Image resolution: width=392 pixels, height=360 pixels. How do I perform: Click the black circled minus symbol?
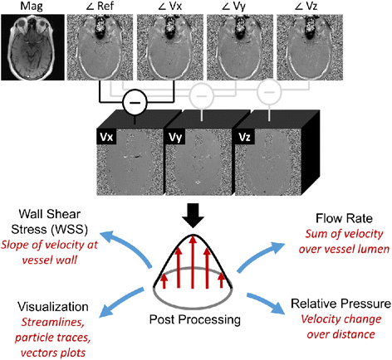point(135,105)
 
